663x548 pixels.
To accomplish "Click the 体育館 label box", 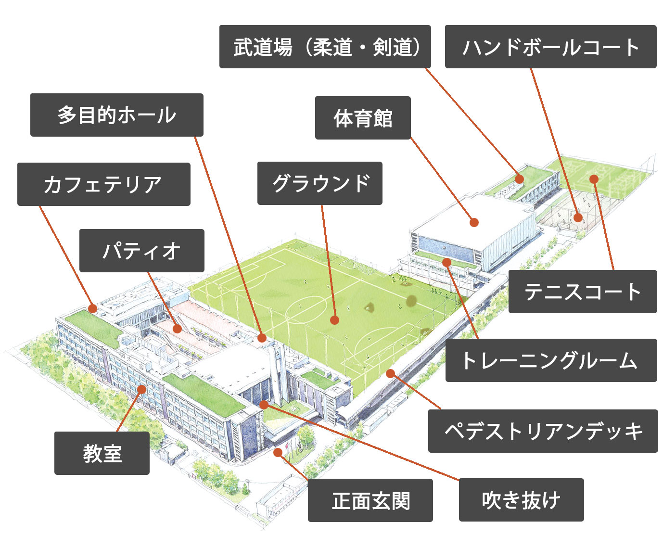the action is coord(363,118).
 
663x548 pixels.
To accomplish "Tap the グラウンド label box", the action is coord(320,183).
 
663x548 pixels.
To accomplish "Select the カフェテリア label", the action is coord(104,184).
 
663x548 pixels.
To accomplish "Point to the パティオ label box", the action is coord(141,251).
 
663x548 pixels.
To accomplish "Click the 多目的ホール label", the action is coord(117,115).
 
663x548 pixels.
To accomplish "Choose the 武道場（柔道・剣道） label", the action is coord(325,47).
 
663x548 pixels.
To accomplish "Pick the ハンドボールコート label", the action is coord(550,47).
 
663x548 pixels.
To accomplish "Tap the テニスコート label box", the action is coord(583,292).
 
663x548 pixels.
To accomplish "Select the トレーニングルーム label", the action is coord(551,360).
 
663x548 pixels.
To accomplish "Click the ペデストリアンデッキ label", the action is coord(543,431).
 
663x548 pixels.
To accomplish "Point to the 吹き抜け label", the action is coord(522,500).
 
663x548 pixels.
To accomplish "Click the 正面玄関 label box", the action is coord(370,500).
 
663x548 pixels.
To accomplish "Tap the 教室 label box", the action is coord(102,453).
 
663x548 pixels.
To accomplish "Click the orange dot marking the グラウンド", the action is coord(334,320).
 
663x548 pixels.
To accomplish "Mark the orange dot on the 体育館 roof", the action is coord(474,222).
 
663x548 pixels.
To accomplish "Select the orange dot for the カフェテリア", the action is coord(92,308).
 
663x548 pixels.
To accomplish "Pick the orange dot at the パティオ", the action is coord(177,329).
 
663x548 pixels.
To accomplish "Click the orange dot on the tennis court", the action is coord(594,179).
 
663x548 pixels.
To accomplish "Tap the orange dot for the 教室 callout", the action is coord(141,389).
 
